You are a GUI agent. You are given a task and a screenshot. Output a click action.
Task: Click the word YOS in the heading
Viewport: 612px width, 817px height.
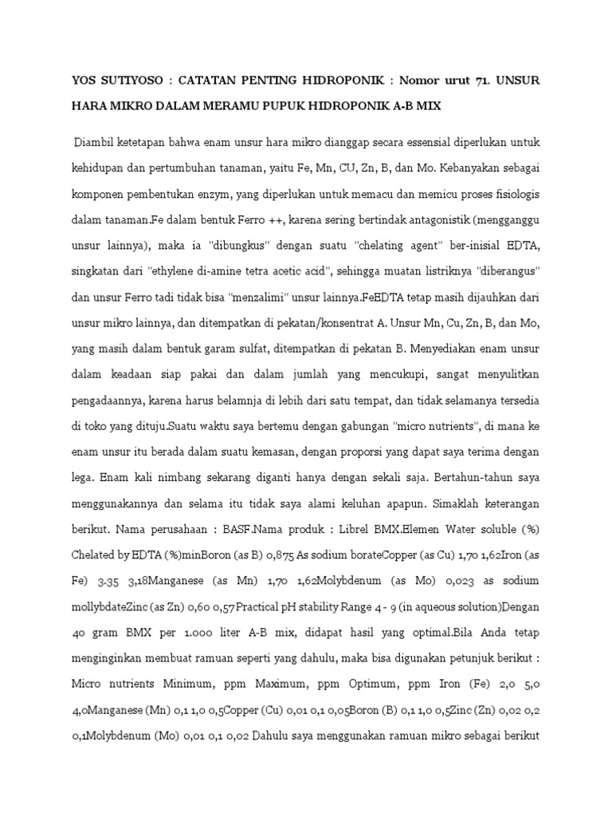83,80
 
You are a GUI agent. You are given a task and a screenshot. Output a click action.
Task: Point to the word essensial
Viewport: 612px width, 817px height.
390,143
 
